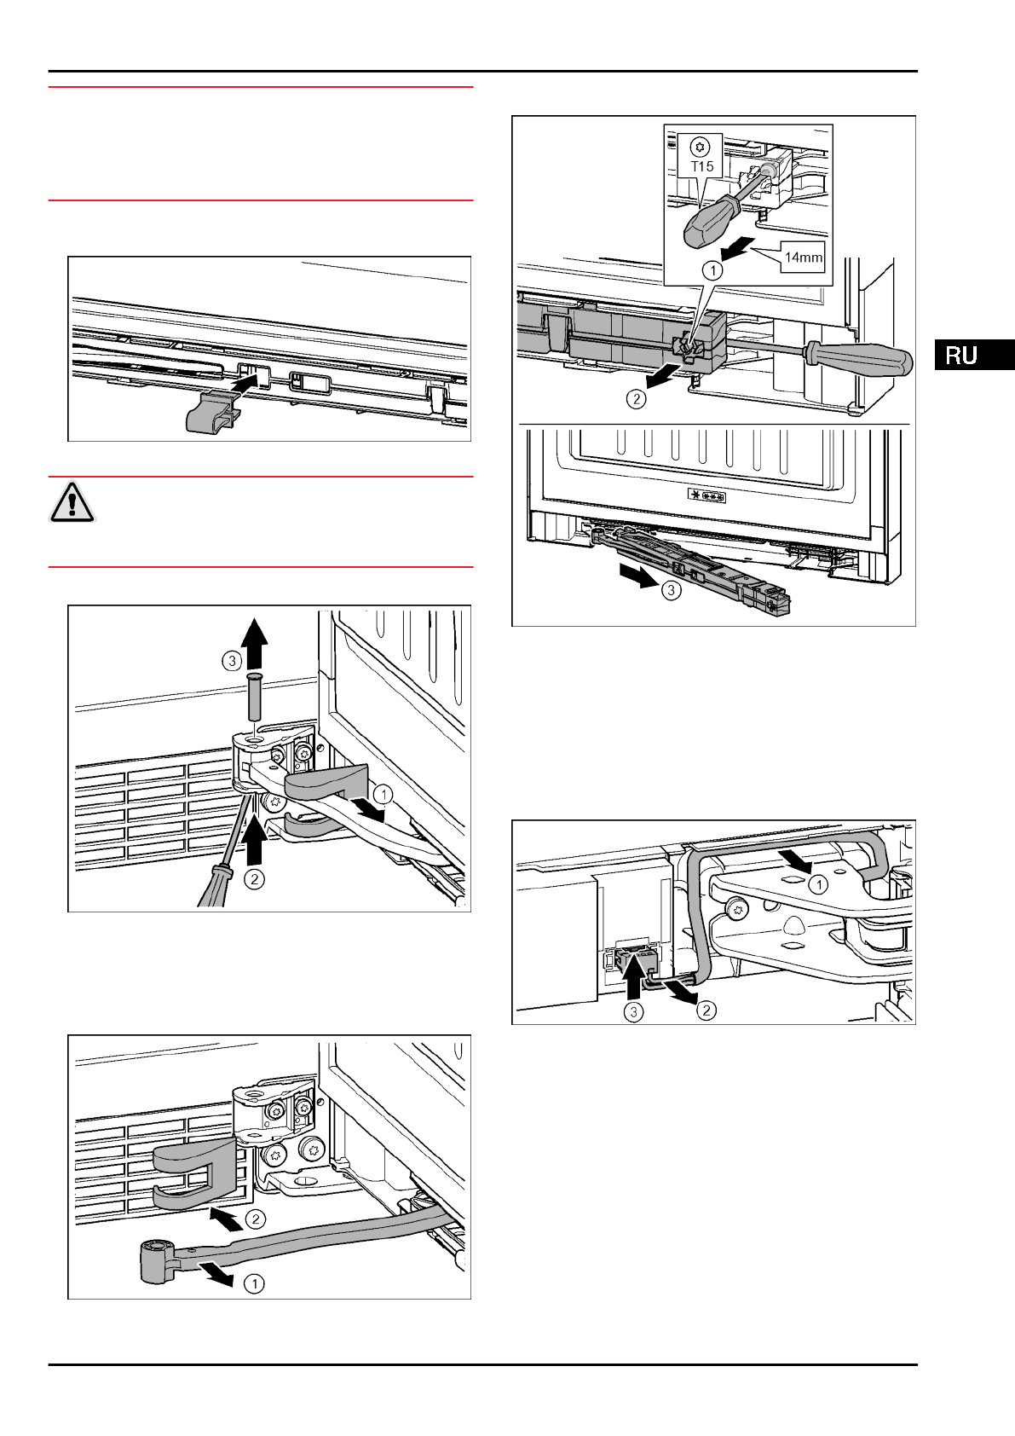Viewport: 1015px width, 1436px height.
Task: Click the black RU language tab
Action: click(973, 355)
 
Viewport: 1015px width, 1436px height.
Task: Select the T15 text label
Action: click(702, 166)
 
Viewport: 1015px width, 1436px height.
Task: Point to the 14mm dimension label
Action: click(804, 257)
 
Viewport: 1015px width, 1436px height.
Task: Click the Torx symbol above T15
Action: click(701, 146)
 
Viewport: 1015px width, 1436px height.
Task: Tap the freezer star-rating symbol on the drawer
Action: click(706, 496)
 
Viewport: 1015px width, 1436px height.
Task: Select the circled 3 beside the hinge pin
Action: click(232, 660)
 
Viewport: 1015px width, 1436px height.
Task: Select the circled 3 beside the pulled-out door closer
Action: click(672, 589)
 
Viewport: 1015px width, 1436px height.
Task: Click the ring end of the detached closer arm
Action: click(156, 1260)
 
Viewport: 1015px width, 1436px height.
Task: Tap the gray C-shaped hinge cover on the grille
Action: click(182, 1173)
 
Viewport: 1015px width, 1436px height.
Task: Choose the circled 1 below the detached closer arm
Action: click(254, 1283)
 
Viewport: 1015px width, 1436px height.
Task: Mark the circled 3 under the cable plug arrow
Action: click(633, 1012)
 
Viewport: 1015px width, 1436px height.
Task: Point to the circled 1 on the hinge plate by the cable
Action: click(818, 884)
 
